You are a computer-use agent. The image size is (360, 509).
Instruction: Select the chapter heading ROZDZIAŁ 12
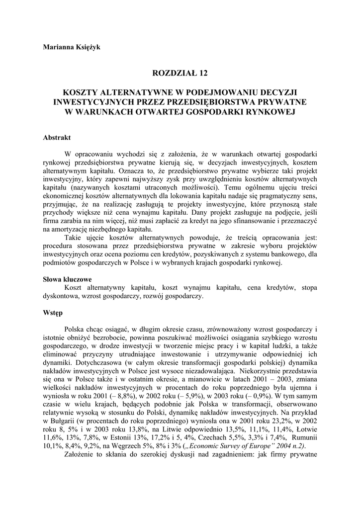click(180, 74)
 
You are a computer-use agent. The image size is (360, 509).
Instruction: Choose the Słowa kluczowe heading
click(67, 279)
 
